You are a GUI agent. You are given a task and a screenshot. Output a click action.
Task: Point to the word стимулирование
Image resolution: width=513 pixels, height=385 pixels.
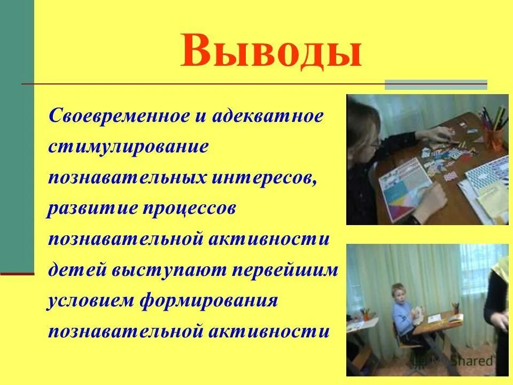pos(128,147)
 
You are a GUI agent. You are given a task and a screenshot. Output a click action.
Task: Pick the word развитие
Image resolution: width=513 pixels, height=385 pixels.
pos(92,209)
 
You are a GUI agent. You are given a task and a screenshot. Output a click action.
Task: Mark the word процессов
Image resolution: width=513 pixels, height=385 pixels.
pos(189,209)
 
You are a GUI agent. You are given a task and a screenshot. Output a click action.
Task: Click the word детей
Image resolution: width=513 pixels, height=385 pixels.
pos(76,270)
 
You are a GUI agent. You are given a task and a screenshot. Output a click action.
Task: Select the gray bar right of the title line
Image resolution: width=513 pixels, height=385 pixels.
pos(436,84)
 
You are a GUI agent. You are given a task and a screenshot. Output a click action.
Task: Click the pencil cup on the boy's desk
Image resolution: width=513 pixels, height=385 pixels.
pos(456,309)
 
